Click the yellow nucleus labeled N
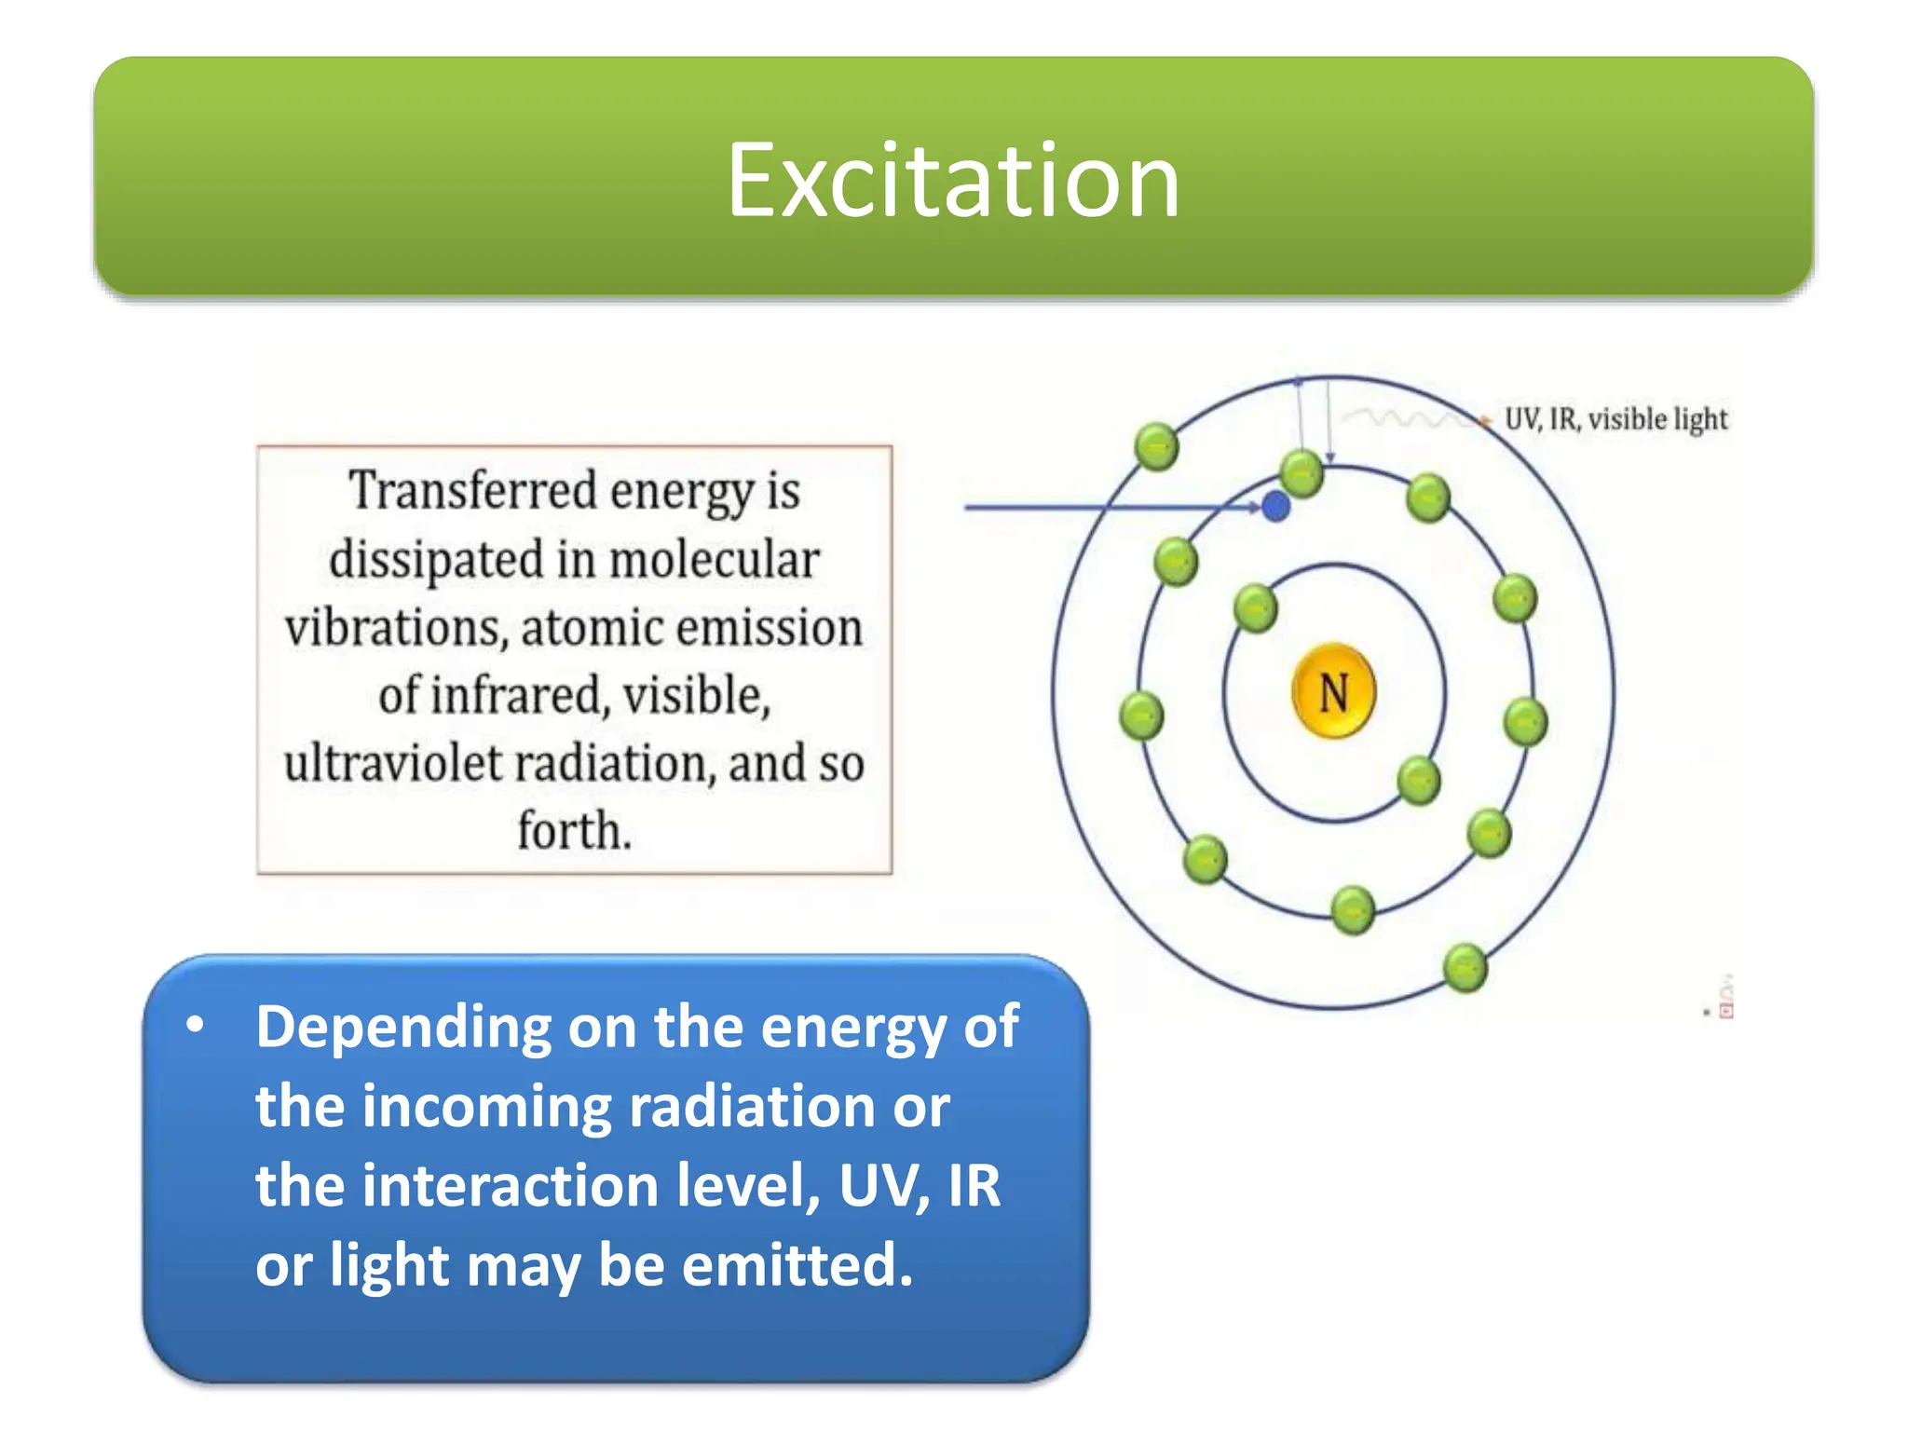tap(1333, 691)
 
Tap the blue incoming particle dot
tap(1275, 507)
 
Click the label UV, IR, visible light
tap(1615, 419)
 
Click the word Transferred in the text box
tap(472, 491)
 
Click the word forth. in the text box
tap(574, 830)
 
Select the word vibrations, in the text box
tap(396, 627)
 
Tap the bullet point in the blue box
tap(195, 1025)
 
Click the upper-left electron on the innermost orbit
tap(1255, 608)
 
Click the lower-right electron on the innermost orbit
tap(1419, 780)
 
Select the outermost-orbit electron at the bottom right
tap(1465, 967)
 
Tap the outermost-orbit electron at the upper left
tap(1156, 446)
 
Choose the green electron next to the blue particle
tap(1302, 473)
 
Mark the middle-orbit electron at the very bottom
tap(1353, 909)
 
